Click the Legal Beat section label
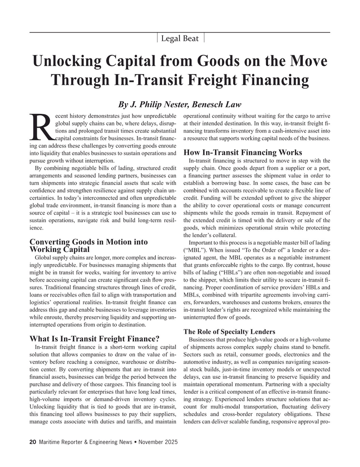tap(180, 38)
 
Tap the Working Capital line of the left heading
tap(59, 249)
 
